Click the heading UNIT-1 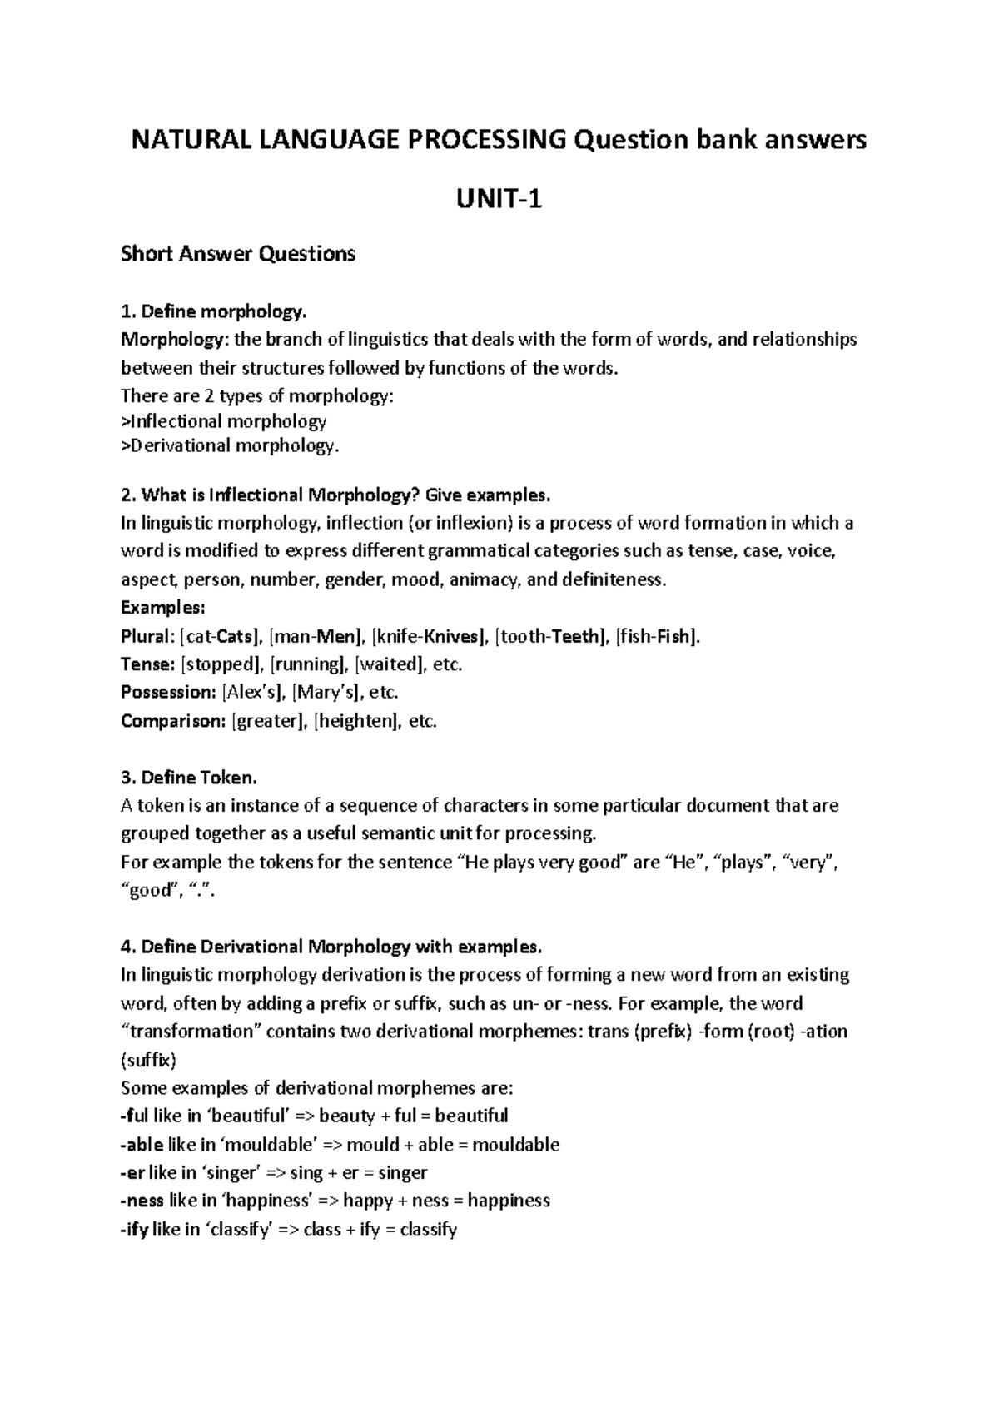pyautogui.click(x=499, y=199)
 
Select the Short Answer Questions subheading pyautogui.click(x=238, y=254)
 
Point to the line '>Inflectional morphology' pyautogui.click(x=224, y=421)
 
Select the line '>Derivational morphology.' pyautogui.click(x=231, y=446)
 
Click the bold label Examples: pyautogui.click(x=157, y=607)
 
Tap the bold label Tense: pyautogui.click(x=148, y=664)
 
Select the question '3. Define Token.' pyautogui.click(x=189, y=778)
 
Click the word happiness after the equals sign pyautogui.click(x=509, y=1201)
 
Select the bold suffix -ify pyautogui.click(x=135, y=1230)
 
